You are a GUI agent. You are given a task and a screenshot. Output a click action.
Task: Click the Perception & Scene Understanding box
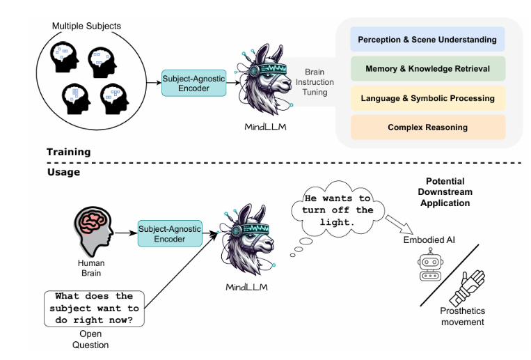point(427,40)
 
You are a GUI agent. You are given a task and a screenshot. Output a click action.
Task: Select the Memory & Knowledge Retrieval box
point(427,69)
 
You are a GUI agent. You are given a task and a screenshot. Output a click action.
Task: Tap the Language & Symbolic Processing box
point(427,98)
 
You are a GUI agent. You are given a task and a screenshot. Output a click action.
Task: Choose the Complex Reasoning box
point(427,127)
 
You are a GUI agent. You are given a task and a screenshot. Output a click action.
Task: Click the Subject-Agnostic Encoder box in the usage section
point(170,233)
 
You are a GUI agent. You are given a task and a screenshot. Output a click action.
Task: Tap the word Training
point(68,152)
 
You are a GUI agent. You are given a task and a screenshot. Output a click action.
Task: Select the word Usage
point(63,171)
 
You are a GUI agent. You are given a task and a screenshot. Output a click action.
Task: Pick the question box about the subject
point(94,308)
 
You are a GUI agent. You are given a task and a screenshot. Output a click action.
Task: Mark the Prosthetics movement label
point(472,317)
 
